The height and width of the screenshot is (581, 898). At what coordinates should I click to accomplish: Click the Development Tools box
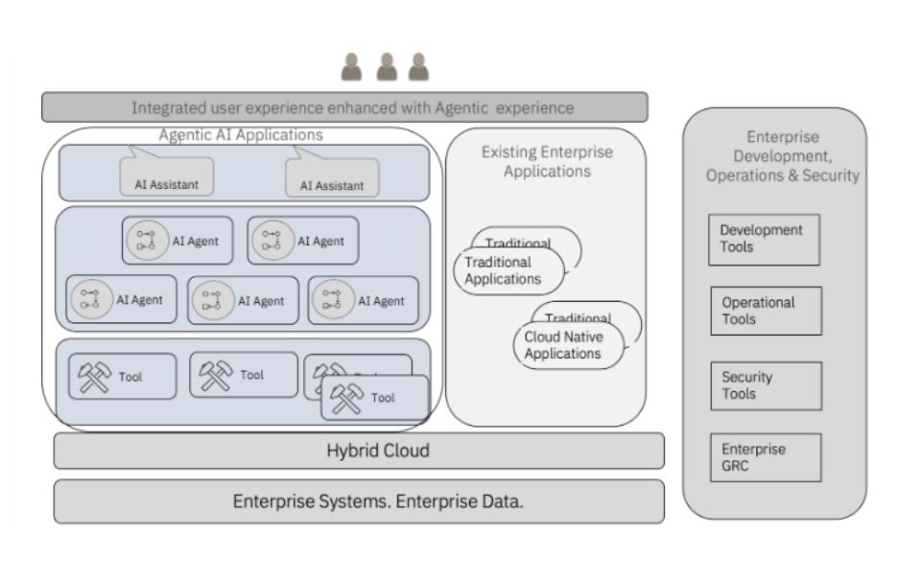[x=764, y=239]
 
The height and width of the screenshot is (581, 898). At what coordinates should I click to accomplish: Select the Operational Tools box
[x=766, y=311]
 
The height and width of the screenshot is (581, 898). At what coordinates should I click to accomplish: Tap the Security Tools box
[x=766, y=385]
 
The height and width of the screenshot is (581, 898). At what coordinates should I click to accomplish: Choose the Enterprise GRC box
[x=766, y=457]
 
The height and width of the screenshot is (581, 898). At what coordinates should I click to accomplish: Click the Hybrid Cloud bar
[x=358, y=451]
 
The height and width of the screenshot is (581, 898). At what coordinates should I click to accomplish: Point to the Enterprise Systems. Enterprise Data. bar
[x=358, y=501]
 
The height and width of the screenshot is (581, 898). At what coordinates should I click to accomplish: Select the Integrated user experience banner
[x=344, y=107]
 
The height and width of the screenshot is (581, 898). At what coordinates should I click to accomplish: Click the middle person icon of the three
[x=387, y=67]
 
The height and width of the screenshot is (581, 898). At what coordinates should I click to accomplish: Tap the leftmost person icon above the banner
[x=352, y=67]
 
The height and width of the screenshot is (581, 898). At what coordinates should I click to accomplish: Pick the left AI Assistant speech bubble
[x=166, y=177]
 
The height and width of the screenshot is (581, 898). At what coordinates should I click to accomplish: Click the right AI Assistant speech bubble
[x=332, y=178]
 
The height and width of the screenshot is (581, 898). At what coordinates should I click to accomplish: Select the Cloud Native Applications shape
[x=567, y=345]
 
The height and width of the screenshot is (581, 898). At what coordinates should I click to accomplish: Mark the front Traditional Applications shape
[x=507, y=270]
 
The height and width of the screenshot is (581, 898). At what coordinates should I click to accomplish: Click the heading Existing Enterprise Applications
[x=546, y=161]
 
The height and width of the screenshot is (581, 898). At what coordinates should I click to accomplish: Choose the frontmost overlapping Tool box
[x=375, y=398]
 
